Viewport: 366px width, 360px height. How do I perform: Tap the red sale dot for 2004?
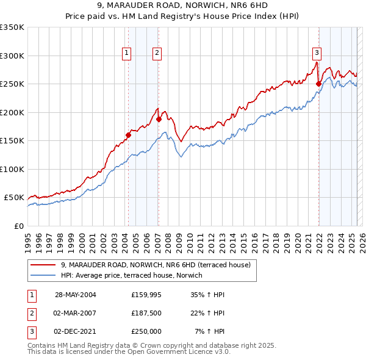click(x=129, y=135)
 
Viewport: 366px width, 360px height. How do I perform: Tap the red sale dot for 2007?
click(x=159, y=120)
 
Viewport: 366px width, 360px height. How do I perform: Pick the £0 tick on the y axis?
click(x=19, y=226)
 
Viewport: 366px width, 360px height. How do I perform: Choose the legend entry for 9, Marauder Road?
click(x=159, y=265)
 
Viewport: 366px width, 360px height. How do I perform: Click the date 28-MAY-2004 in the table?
click(x=76, y=295)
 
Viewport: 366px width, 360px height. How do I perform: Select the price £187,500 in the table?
click(x=146, y=313)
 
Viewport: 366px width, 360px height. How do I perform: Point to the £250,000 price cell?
click(x=146, y=331)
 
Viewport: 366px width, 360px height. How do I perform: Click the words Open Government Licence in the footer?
click(x=177, y=352)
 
